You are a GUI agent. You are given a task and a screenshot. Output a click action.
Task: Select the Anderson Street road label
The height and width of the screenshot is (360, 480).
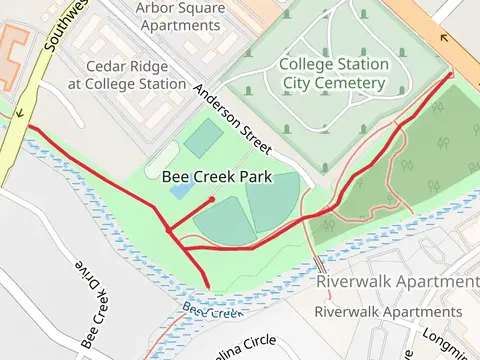233,118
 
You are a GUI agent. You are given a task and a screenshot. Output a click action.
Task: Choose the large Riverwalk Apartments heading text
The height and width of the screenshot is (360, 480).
397,282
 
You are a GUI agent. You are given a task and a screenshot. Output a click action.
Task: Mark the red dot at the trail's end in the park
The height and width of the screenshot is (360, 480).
212,200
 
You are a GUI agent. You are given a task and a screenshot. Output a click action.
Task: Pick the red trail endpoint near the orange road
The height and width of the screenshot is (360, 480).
450,73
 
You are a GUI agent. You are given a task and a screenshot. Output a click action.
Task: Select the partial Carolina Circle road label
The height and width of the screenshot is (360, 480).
244,343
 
